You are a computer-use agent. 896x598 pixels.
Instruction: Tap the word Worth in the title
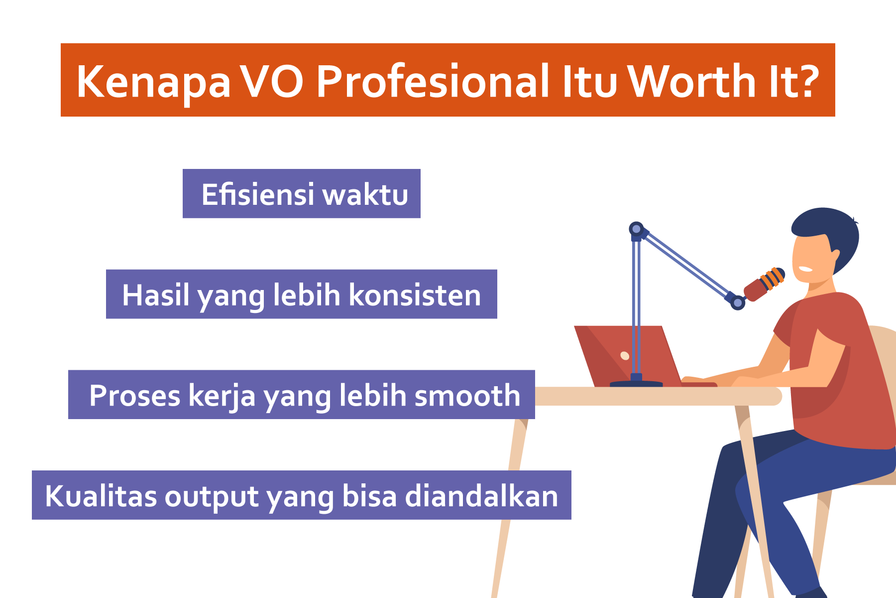691,81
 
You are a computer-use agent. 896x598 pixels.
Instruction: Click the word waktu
366,194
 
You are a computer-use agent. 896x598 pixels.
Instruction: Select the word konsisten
415,295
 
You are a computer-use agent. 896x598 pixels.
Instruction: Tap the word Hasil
156,295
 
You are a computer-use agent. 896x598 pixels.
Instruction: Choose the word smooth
467,396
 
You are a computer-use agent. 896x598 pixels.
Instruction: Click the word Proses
135,396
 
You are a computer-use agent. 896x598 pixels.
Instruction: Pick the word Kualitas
101,496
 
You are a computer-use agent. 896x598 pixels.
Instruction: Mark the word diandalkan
481,496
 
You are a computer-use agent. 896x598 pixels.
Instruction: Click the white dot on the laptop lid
625,355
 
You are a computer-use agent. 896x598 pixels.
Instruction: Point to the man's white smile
805,269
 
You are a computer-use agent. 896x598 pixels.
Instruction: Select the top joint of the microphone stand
636,229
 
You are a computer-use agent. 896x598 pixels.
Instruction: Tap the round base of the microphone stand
636,384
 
